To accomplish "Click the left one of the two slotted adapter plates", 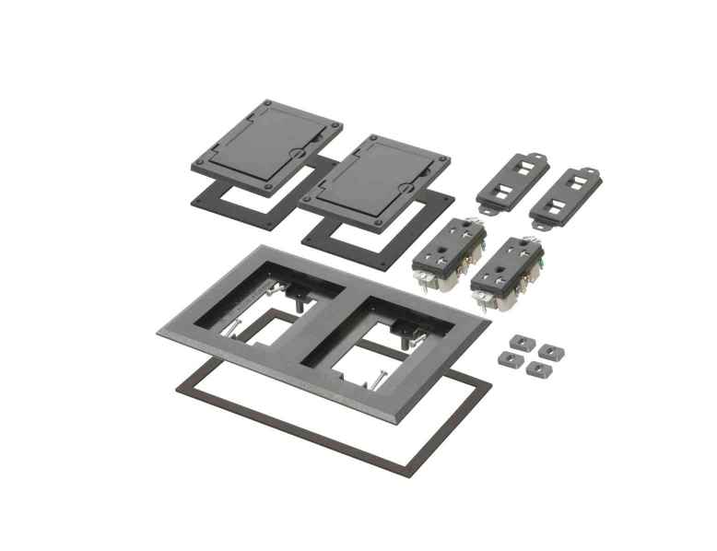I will click(x=512, y=181).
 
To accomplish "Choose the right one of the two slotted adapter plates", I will click(x=565, y=196).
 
